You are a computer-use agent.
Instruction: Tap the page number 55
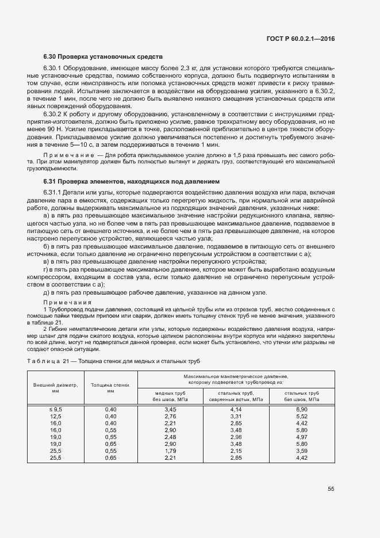pyautogui.click(x=331, y=489)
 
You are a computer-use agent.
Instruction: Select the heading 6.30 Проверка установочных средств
pyautogui.click(x=103, y=57)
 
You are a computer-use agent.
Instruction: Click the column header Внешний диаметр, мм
pyautogui.click(x=56, y=387)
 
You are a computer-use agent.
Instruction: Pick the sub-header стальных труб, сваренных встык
pyautogui.click(x=236, y=395)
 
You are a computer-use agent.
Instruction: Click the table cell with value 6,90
pyautogui.click(x=302, y=409)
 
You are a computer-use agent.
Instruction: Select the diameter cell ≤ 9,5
pyautogui.click(x=56, y=409)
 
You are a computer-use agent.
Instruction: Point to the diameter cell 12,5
pyautogui.click(x=56, y=415)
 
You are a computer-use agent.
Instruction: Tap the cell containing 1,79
pyautogui.click(x=170, y=451)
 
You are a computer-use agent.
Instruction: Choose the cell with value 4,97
pyautogui.click(x=302, y=437)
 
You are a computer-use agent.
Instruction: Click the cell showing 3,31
pyautogui.click(x=236, y=415)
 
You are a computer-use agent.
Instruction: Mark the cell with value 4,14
pyautogui.click(x=236, y=409)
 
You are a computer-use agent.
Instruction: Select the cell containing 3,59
pyautogui.click(x=302, y=451)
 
